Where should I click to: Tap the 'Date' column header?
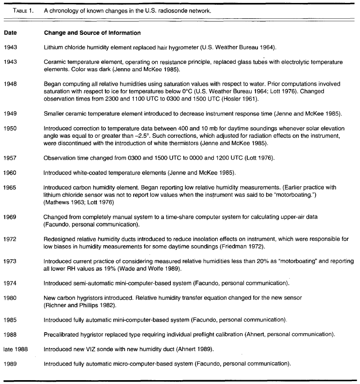[10, 33]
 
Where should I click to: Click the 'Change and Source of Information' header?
[92, 33]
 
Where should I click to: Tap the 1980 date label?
[11, 298]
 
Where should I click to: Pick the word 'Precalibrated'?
[62, 334]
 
